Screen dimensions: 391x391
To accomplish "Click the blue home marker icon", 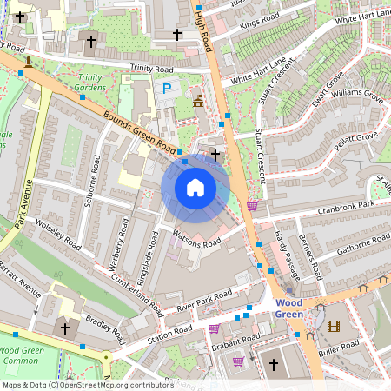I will click(195, 187).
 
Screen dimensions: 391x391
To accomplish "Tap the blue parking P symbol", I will click(163, 88).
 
